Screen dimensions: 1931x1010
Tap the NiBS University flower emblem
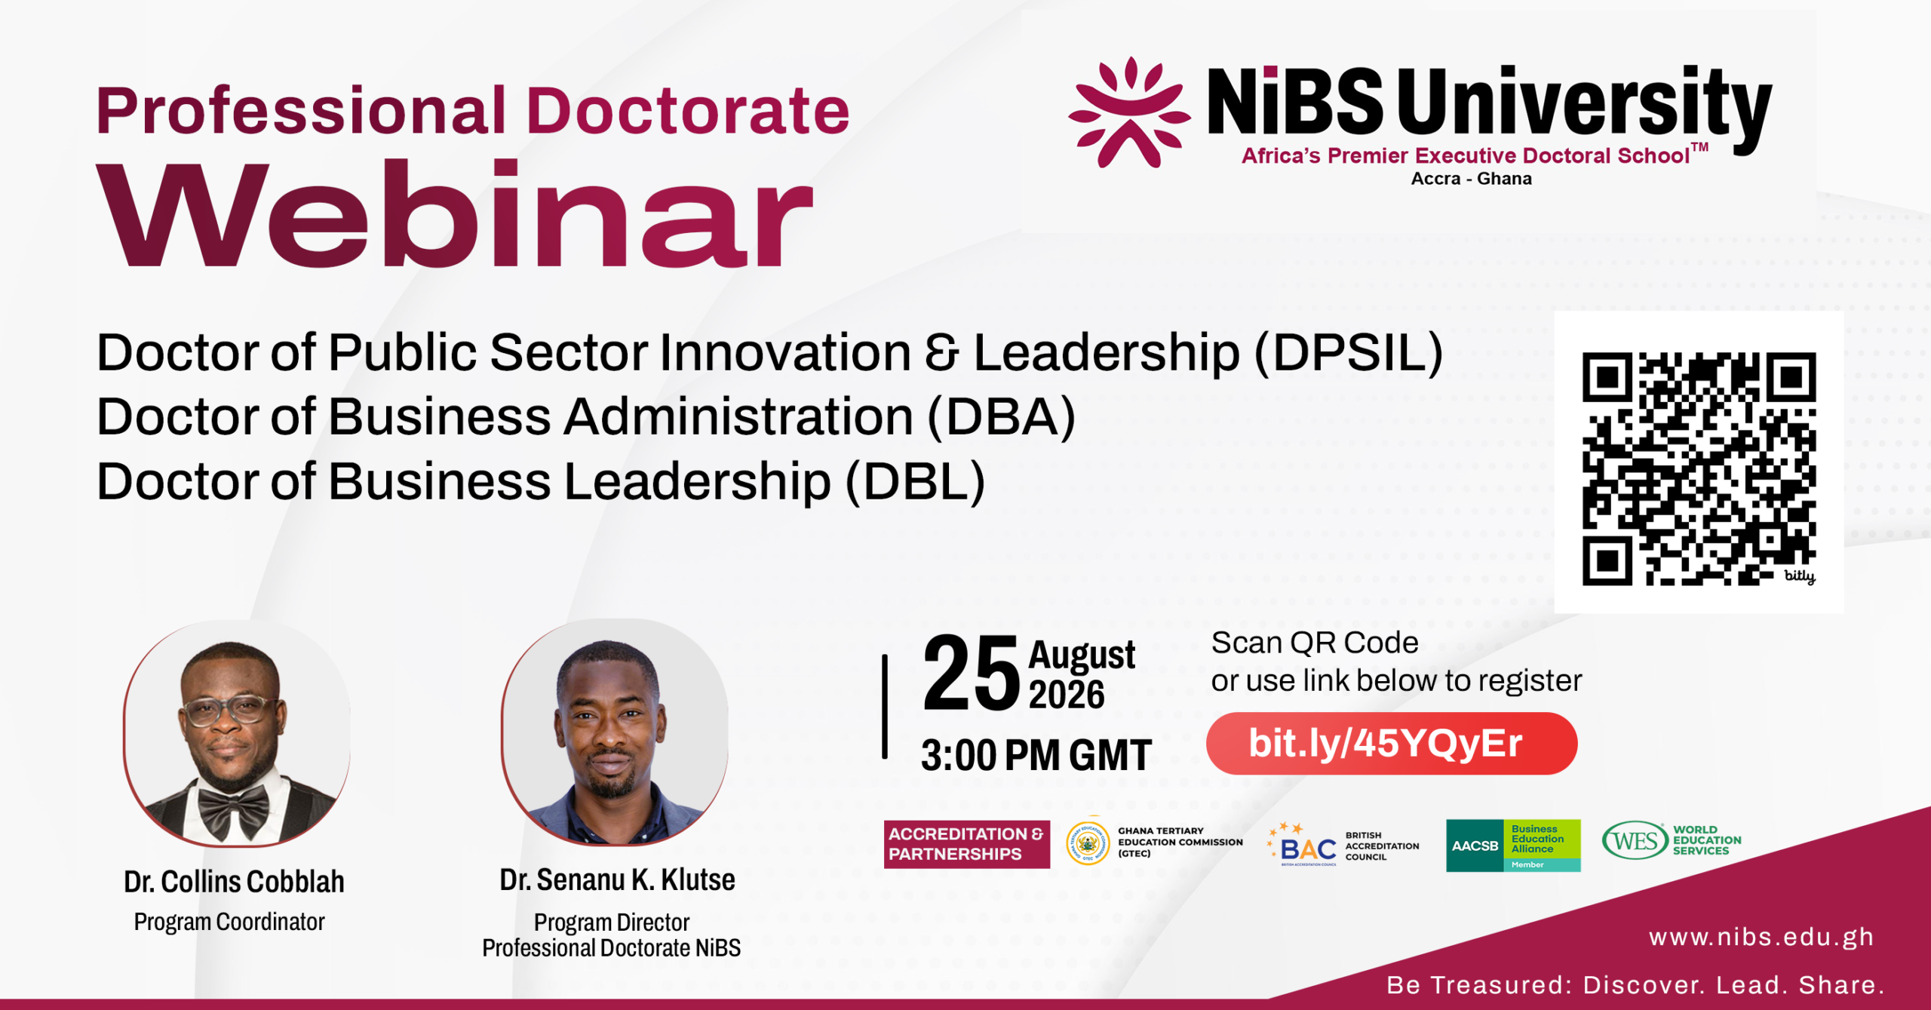click(1129, 112)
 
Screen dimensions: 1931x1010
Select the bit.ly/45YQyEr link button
click(1392, 744)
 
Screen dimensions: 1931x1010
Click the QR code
click(1699, 468)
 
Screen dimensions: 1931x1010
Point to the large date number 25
click(972, 672)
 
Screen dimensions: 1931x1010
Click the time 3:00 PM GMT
click(1036, 755)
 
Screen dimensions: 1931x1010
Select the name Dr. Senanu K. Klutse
click(617, 880)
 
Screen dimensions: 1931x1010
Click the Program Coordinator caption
click(229, 922)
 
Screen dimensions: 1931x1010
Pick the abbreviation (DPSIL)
click(1349, 353)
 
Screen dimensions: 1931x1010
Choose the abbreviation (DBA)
click(1001, 417)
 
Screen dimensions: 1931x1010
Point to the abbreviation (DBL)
click(915, 482)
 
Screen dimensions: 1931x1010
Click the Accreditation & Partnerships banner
click(966, 844)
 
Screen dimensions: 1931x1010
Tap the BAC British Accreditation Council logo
click(1343, 845)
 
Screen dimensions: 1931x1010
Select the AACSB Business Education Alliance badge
click(1513, 846)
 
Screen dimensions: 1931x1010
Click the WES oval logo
click(1635, 840)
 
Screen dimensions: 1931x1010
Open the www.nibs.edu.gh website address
click(1761, 938)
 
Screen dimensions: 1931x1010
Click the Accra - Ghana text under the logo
click(1471, 179)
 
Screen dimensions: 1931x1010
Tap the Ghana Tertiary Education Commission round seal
click(1088, 843)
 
